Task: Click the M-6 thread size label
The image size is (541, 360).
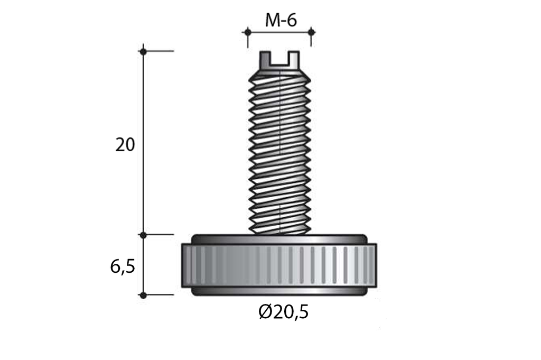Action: tap(281, 21)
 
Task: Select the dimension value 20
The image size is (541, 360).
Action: tap(125, 145)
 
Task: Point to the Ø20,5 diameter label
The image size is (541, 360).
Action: tap(283, 312)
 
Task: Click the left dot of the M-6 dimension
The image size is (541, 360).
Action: tap(247, 32)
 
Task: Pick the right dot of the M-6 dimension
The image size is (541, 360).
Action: tap(311, 32)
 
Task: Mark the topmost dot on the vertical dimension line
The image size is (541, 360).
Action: tap(144, 51)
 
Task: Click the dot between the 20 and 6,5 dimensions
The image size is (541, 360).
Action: tap(144, 235)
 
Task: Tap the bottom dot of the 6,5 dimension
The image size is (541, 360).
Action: tap(144, 295)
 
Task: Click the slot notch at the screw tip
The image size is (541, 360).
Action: tap(279, 58)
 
